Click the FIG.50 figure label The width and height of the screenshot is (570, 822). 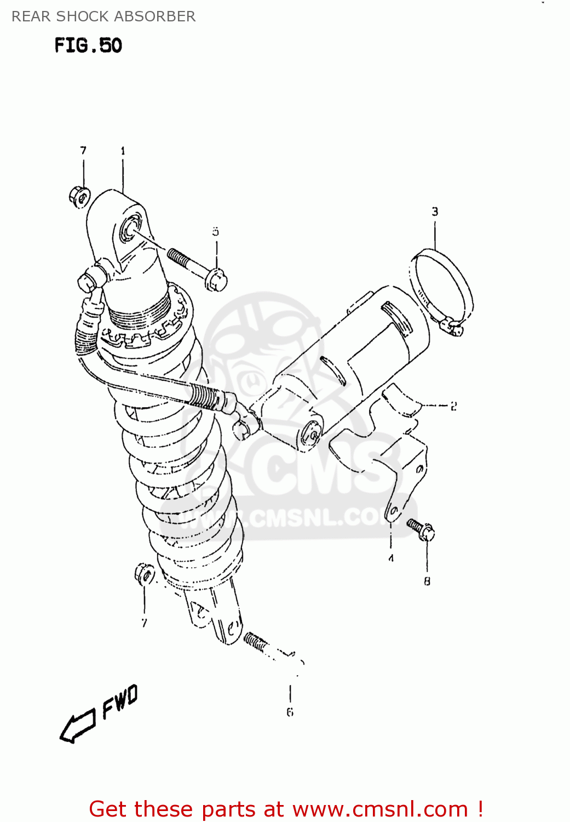click(x=88, y=45)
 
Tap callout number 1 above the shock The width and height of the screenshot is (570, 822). click(x=123, y=151)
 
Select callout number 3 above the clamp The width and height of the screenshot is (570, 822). click(x=435, y=212)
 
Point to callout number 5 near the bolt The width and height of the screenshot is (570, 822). click(x=216, y=232)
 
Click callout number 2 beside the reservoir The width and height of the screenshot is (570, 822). click(x=453, y=406)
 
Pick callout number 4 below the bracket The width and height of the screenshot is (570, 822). click(x=391, y=558)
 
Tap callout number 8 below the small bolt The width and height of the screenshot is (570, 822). click(x=427, y=581)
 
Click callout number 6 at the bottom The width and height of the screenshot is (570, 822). click(x=290, y=712)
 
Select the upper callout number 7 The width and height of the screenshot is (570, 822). click(x=83, y=150)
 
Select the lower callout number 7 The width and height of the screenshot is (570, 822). click(x=144, y=623)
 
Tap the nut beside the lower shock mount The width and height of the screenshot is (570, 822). click(x=145, y=574)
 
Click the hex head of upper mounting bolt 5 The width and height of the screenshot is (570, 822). click(x=216, y=279)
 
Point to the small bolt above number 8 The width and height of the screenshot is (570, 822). click(x=421, y=529)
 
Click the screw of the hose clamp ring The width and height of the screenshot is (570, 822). click(x=452, y=327)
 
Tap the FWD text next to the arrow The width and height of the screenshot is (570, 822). click(x=120, y=702)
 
